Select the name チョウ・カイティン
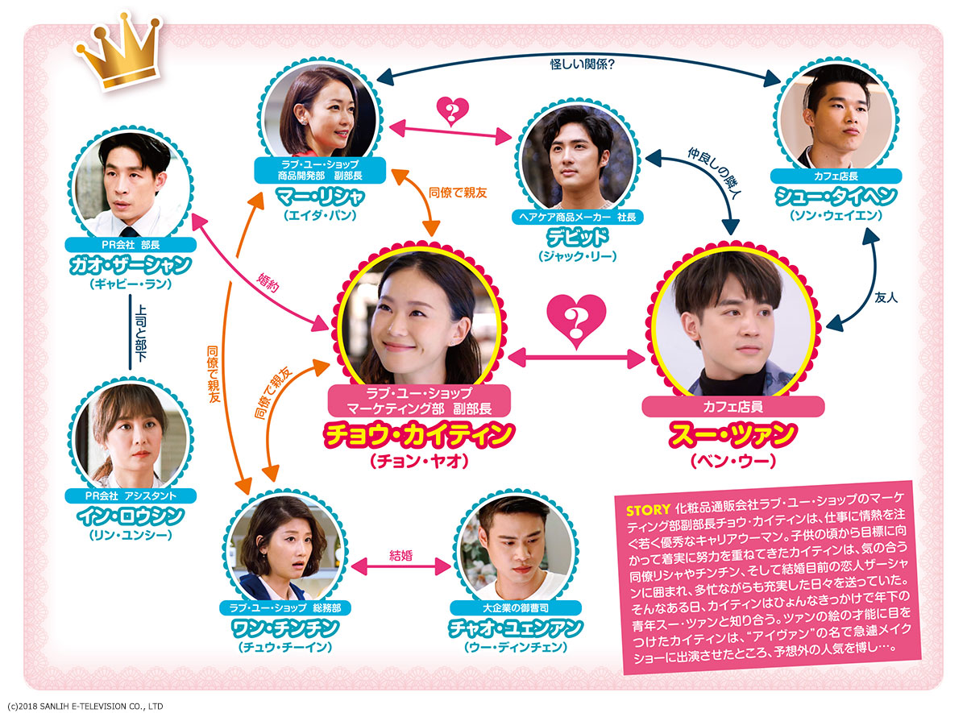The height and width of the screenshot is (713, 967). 418,435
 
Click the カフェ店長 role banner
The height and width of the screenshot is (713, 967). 834,176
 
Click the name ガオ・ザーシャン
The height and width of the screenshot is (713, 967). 131,264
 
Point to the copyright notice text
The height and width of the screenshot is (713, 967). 85,706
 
